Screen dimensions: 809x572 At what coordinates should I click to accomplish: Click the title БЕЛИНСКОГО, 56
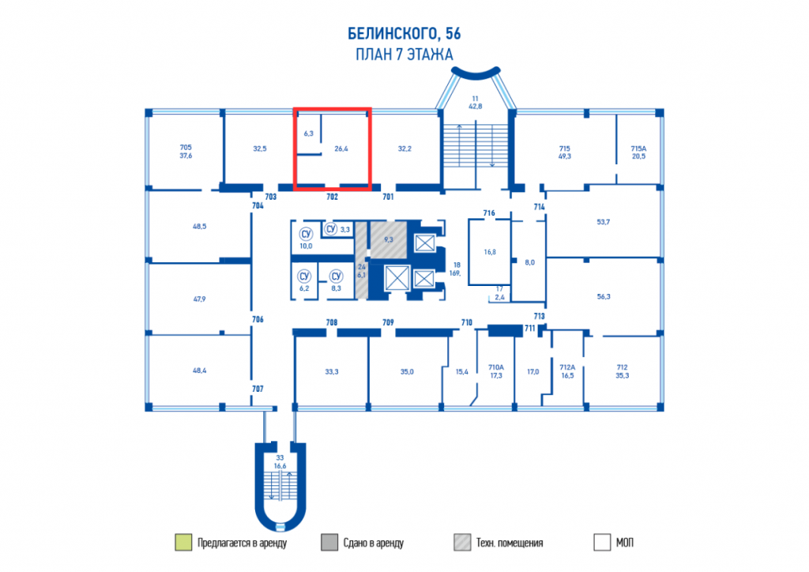tap(404, 33)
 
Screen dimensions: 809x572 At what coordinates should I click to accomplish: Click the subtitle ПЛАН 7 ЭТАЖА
tap(404, 55)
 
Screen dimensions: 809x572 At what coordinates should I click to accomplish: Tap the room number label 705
tap(186, 147)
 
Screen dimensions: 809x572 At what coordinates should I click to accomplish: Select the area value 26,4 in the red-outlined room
tap(341, 149)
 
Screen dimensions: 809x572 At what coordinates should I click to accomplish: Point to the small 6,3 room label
tap(309, 133)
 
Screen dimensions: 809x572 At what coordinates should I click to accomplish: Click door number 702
tap(332, 197)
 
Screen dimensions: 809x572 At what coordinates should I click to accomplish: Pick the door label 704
tap(258, 205)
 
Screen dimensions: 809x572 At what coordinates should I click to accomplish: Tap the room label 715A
tap(638, 148)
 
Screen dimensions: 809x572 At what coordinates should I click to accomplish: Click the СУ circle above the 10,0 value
tap(306, 234)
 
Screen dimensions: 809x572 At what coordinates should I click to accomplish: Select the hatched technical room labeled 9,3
tap(389, 239)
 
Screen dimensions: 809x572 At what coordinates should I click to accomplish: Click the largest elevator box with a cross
tap(397, 279)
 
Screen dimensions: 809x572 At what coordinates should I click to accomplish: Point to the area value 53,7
tap(603, 222)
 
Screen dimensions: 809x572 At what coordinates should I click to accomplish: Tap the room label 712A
tap(567, 367)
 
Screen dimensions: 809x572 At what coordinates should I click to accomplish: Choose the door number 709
tap(388, 322)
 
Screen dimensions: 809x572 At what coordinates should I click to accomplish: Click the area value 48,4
tap(200, 371)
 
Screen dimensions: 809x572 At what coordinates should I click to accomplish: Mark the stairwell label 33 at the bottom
tap(280, 457)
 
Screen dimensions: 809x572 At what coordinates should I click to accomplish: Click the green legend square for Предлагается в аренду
tap(183, 542)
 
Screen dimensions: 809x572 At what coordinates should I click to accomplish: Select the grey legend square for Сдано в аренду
tap(329, 542)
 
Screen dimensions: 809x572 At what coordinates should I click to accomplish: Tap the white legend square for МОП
tap(602, 542)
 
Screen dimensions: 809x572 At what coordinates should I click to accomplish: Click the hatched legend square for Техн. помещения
tap(462, 542)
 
